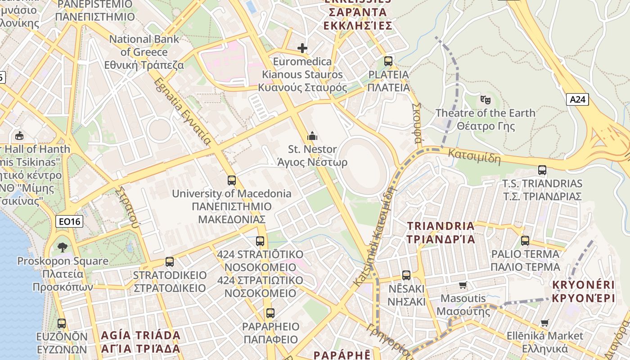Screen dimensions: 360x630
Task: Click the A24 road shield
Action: coord(577,99)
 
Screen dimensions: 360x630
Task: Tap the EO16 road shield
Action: coord(70,221)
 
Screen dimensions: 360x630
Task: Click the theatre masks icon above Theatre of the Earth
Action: coord(485,99)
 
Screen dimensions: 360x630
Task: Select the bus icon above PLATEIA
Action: coord(388,61)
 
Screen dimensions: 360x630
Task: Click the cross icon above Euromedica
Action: coord(302,48)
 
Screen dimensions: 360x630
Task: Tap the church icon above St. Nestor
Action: coord(312,135)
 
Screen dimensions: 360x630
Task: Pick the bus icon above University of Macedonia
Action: coord(231,180)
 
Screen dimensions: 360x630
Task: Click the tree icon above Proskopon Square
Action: coord(62,247)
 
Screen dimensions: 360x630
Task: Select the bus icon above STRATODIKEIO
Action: coord(170,261)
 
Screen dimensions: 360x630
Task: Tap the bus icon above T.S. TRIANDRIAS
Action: coord(542,170)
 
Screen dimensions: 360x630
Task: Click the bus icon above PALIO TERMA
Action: coord(525,240)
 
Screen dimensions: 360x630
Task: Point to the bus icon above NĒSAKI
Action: coord(406,275)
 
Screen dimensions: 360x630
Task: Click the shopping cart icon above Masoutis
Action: coord(463,285)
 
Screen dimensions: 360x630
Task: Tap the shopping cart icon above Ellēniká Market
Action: coord(544,323)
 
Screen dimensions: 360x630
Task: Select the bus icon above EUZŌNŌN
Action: coord(62,323)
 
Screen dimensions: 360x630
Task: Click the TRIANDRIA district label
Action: coord(441,232)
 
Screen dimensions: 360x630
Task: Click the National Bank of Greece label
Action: coord(144,52)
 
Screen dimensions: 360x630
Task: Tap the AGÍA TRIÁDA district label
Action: coord(140,342)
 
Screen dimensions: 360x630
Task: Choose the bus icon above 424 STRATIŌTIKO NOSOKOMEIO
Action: coord(260,241)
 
